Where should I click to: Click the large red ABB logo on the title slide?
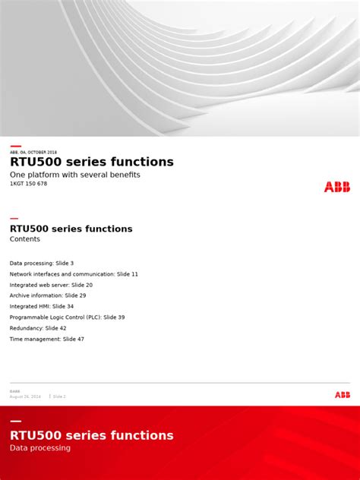tap(337, 187)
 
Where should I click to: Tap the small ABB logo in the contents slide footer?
tap(343, 394)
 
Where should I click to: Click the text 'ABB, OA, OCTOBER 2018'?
tap(33, 152)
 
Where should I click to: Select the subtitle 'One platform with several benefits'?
tap(75, 175)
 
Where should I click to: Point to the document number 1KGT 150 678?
tap(28, 184)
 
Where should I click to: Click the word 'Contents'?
tap(25, 239)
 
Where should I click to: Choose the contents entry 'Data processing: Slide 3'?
tap(42, 263)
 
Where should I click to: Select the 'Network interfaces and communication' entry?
tap(74, 273)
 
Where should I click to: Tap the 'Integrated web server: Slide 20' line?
tap(51, 285)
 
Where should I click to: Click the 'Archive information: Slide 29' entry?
tap(48, 295)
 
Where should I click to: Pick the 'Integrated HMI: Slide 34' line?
tap(42, 306)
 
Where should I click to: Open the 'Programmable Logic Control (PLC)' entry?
tap(67, 317)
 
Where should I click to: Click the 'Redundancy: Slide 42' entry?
tap(38, 328)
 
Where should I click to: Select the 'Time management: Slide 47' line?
tap(47, 339)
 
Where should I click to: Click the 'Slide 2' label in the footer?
tap(58, 396)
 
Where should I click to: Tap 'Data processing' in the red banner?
tap(40, 448)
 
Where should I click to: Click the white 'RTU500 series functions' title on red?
tap(91, 435)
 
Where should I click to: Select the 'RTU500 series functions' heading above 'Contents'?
tap(71, 229)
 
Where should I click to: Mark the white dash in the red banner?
tap(15, 421)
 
